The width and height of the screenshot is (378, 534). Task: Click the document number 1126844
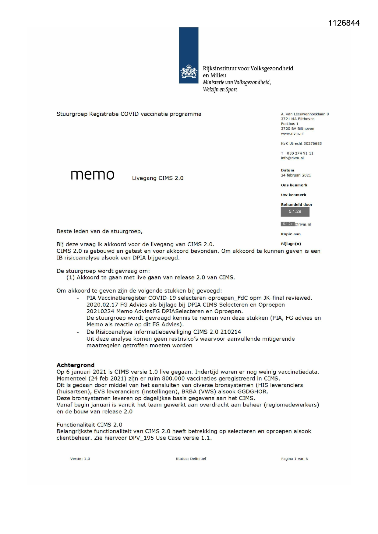point(344,23)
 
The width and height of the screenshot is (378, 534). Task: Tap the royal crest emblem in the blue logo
point(189,71)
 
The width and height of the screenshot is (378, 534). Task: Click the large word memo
point(92,175)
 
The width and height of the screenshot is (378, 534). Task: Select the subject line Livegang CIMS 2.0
point(157,178)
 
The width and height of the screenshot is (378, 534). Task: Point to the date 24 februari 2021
point(296,175)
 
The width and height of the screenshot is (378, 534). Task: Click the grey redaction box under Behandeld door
point(295,212)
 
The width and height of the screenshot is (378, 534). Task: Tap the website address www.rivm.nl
point(292,134)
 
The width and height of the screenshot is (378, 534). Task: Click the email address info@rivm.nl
point(292,158)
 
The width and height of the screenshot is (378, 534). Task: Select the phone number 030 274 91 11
point(300,153)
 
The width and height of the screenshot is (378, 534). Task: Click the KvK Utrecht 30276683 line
point(301,143)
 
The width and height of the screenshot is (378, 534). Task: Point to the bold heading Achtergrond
point(76,365)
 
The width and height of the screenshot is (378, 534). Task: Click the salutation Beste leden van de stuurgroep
point(99,231)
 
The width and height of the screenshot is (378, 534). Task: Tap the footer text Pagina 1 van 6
point(294,459)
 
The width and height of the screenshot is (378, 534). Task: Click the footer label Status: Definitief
point(191,459)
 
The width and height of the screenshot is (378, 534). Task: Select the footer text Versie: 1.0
point(80,459)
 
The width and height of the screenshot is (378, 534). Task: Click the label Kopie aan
point(291,234)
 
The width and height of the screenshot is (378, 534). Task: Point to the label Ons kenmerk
point(294,185)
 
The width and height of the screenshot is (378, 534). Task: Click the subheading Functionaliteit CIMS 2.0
point(89,425)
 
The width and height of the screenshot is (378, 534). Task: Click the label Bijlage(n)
point(291,244)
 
